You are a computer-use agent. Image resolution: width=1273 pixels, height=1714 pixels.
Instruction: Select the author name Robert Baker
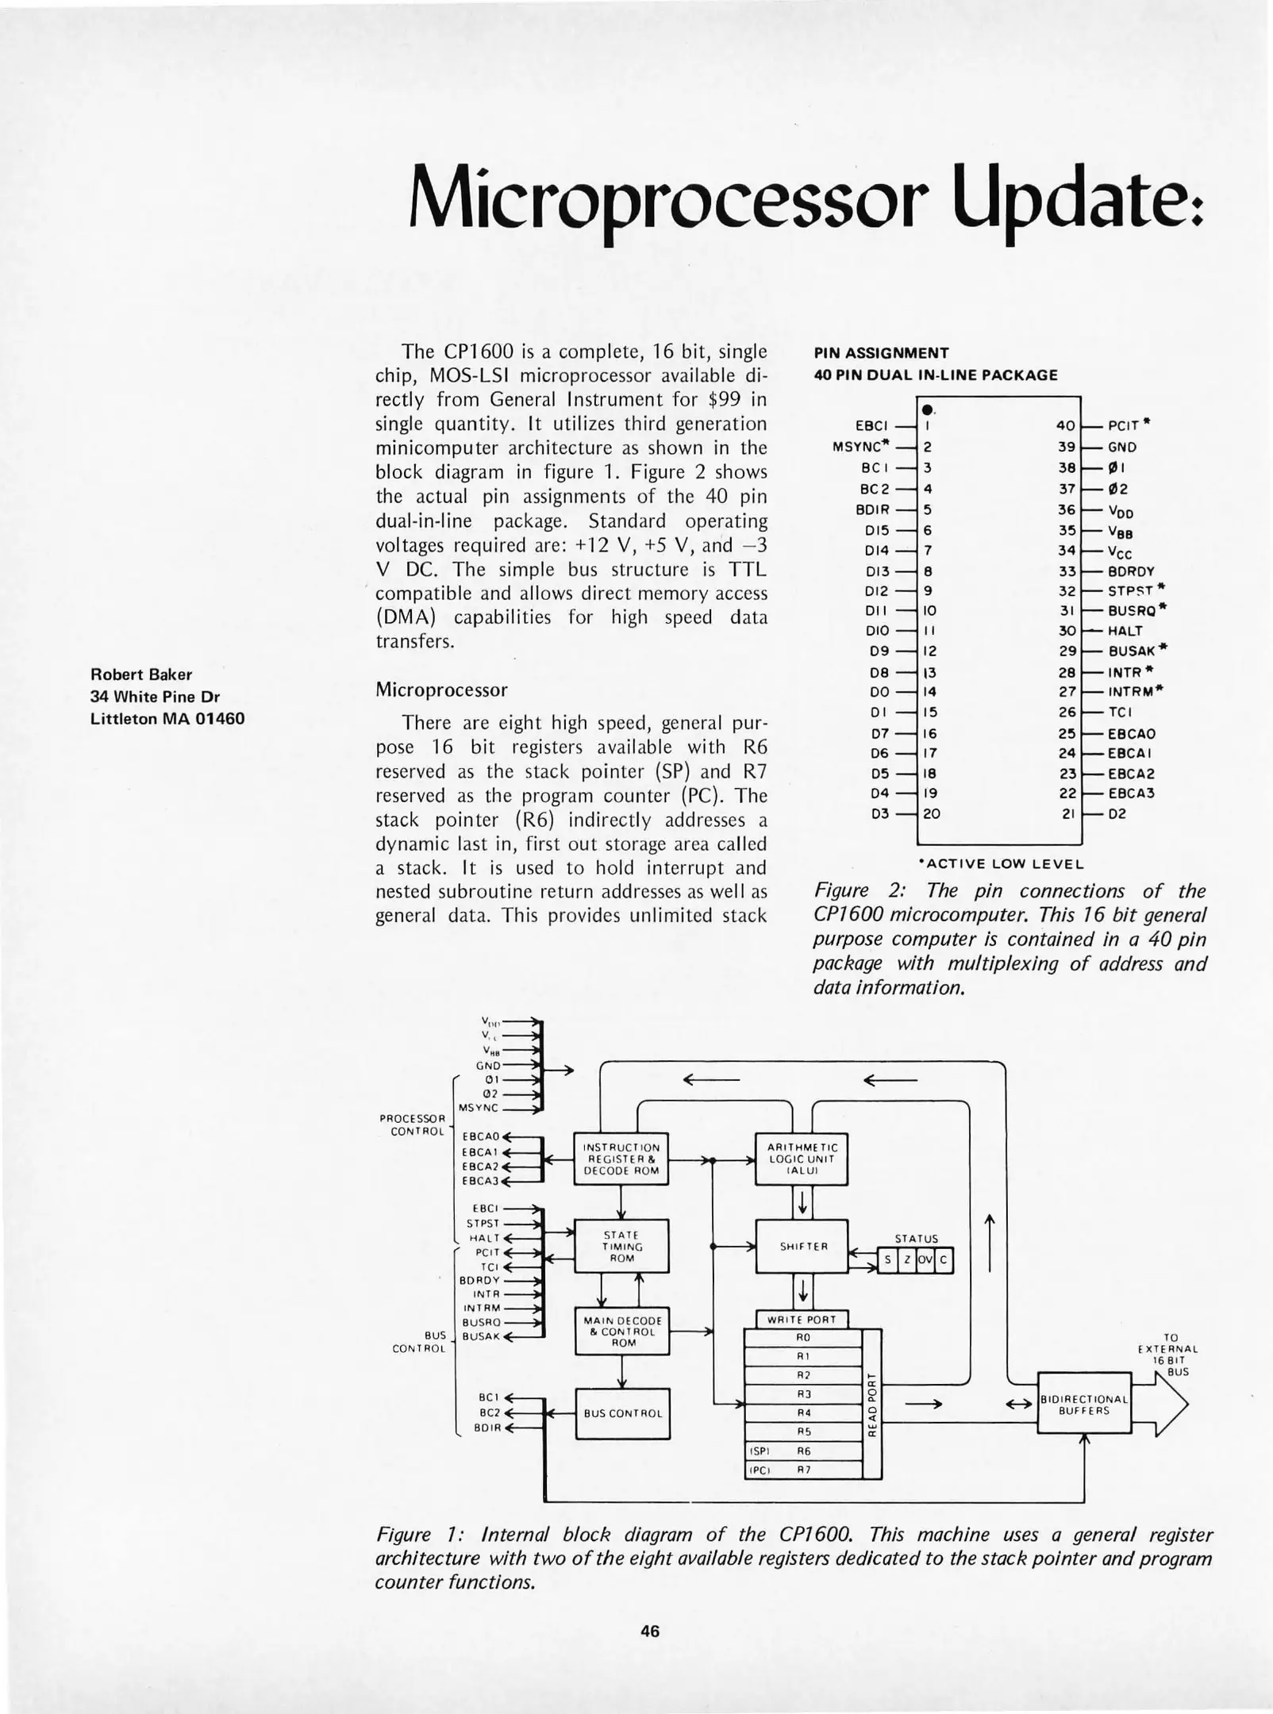[141, 674]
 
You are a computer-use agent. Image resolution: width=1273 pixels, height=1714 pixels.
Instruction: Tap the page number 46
[650, 1631]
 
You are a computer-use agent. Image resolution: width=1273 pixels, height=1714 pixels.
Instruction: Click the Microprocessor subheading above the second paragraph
[441, 690]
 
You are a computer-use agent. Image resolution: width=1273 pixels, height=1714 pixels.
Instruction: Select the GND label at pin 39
[1122, 447]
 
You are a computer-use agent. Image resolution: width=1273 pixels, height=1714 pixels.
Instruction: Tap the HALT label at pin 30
[1125, 631]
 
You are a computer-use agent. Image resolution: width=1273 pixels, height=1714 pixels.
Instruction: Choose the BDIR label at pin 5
[872, 509]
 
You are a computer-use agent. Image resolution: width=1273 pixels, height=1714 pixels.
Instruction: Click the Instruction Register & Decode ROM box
[621, 1159]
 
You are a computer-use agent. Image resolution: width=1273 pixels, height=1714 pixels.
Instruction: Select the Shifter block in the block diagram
[802, 1246]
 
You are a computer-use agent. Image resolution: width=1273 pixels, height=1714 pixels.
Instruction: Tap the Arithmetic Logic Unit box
[802, 1159]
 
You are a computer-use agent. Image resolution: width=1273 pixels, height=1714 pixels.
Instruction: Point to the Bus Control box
[622, 1413]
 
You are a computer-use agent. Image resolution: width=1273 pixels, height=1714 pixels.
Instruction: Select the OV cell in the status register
[925, 1260]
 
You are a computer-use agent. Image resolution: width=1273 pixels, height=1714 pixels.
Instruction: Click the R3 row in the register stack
[802, 1394]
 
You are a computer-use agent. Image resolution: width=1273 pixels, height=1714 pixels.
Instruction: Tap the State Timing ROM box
[621, 1246]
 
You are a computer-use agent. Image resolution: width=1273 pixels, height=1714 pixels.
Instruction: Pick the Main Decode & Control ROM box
[622, 1331]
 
